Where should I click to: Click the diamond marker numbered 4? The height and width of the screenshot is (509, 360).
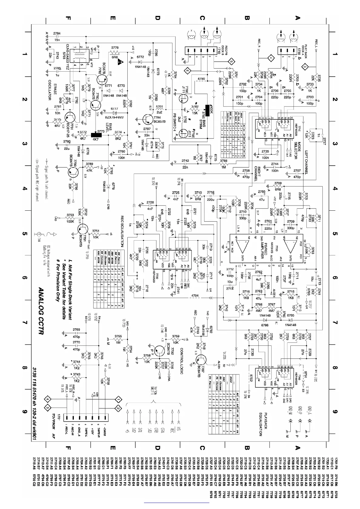pos(48,400)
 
